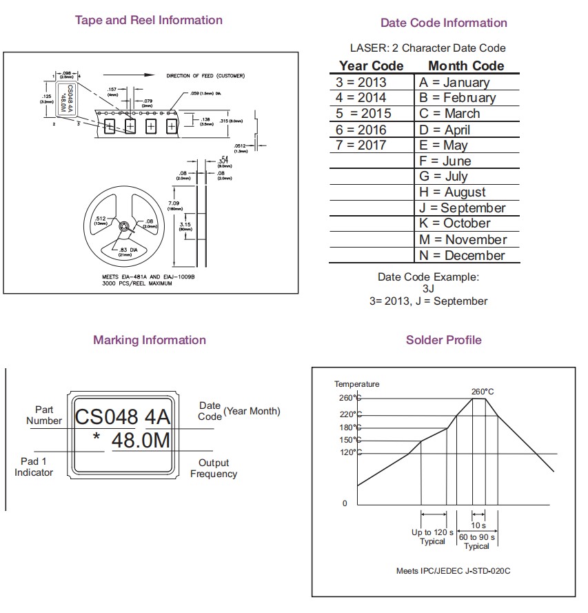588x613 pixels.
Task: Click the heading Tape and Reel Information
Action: pyautogui.click(x=148, y=20)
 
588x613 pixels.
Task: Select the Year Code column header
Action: pyautogui.click(x=371, y=66)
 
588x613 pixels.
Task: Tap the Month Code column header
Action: pyautogui.click(x=466, y=66)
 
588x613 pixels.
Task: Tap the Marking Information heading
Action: pyautogui.click(x=150, y=340)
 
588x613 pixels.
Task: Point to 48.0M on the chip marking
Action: pyautogui.click(x=141, y=441)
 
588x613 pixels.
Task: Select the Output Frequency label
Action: pyautogui.click(x=214, y=468)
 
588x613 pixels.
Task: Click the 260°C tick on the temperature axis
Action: pyautogui.click(x=347, y=398)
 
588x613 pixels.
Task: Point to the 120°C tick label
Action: pyautogui.click(x=347, y=452)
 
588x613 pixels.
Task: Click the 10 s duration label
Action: pyautogui.click(x=478, y=525)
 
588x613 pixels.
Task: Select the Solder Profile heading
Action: pyautogui.click(x=443, y=340)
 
